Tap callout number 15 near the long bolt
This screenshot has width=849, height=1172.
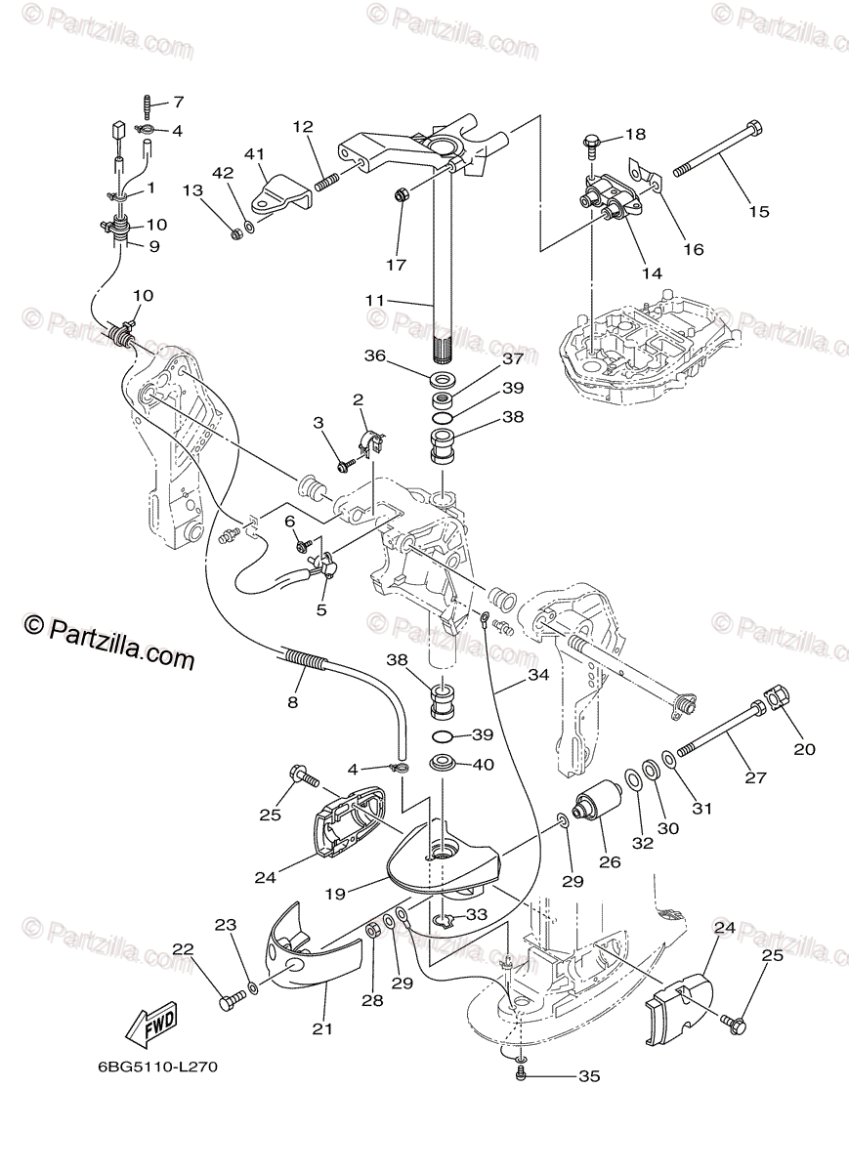759,211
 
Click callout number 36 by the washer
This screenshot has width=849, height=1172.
376,357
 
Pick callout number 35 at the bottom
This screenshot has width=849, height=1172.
588,1077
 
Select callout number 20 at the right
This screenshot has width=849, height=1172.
804,749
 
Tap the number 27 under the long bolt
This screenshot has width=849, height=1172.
755,778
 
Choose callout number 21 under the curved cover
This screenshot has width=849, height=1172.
323,1028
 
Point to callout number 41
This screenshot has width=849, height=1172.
255,153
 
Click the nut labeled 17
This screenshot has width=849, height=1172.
401,196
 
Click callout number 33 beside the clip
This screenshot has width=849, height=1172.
476,915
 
